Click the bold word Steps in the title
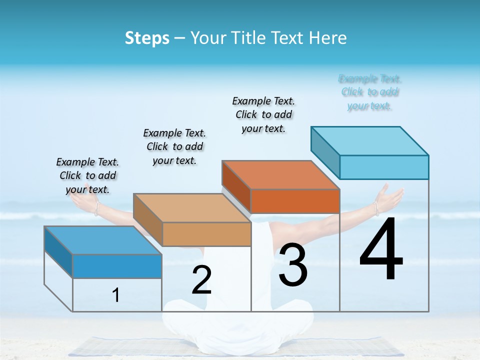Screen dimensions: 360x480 pyautogui.click(x=146, y=38)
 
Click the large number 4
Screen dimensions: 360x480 pyautogui.click(x=381, y=250)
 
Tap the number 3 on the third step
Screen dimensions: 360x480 pyautogui.click(x=293, y=265)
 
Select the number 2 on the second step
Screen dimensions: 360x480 pyautogui.click(x=201, y=280)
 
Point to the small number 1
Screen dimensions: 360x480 pyautogui.click(x=116, y=295)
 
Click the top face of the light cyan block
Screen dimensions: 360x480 pyautogui.click(x=370, y=140)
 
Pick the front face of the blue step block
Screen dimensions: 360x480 pyautogui.click(x=117, y=266)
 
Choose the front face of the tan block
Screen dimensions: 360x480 pyautogui.click(x=206, y=234)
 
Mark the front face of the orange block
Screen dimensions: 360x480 pyautogui.click(x=295, y=201)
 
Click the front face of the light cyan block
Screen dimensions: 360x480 pyautogui.click(x=384, y=167)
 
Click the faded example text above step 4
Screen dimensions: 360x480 pyautogui.click(x=370, y=92)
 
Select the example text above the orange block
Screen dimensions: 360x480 pyautogui.click(x=264, y=114)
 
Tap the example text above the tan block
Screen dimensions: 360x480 pyautogui.click(x=174, y=146)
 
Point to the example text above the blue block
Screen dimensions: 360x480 pyautogui.click(x=87, y=175)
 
